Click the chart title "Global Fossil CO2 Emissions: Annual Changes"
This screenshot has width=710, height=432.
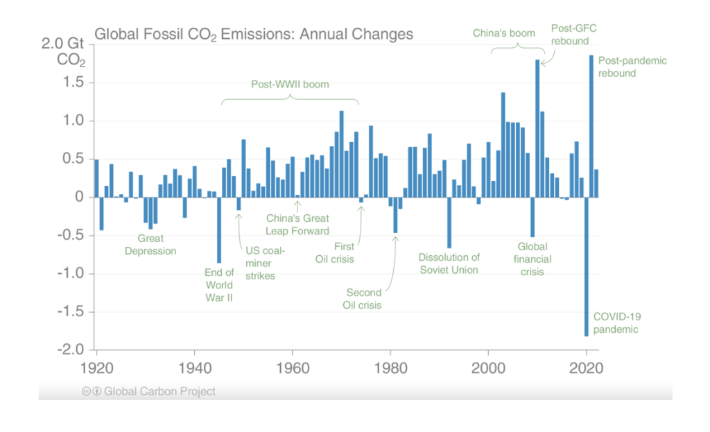pyautogui.click(x=254, y=35)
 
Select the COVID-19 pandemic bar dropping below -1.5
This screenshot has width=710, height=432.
pyautogui.click(x=587, y=267)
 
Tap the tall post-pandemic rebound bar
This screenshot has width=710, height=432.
pyautogui.click(x=591, y=126)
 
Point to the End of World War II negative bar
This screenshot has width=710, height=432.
pyautogui.click(x=219, y=230)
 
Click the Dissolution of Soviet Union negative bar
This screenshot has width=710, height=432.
pyautogui.click(x=449, y=223)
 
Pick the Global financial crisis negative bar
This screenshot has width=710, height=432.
pyautogui.click(x=532, y=217)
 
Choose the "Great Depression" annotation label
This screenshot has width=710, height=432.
pyautogui.click(x=150, y=245)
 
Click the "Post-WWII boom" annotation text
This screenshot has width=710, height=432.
pyautogui.click(x=290, y=84)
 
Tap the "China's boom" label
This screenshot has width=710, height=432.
pyautogui.click(x=504, y=33)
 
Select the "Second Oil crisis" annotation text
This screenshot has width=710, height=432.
pyautogui.click(x=362, y=299)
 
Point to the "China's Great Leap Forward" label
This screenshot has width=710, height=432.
pyautogui.click(x=297, y=225)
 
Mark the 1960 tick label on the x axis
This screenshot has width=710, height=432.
pyautogui.click(x=293, y=368)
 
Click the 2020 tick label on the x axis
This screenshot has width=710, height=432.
pyautogui.click(x=586, y=368)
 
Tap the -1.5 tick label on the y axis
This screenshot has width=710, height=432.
pyautogui.click(x=71, y=311)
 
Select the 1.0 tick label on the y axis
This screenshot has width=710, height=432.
pyautogui.click(x=73, y=121)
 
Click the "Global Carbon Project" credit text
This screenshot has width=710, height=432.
pyautogui.click(x=160, y=391)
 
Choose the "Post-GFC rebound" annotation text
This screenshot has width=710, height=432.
pyautogui.click(x=573, y=35)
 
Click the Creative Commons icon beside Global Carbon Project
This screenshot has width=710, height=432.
pyautogui.click(x=87, y=391)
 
